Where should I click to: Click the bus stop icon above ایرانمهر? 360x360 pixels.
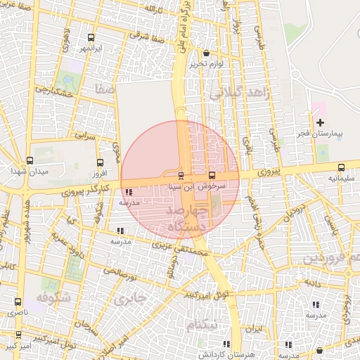click(x=91, y=38)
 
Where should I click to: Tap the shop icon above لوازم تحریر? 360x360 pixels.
click(x=206, y=53)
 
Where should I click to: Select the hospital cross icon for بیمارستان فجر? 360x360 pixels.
click(x=320, y=122)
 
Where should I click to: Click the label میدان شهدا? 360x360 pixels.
click(x=29, y=172)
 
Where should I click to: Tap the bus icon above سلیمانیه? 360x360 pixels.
click(x=341, y=167)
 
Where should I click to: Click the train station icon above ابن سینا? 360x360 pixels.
click(x=181, y=175)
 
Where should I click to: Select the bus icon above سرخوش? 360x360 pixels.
click(x=212, y=175)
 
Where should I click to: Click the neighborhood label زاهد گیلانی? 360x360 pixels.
click(x=240, y=93)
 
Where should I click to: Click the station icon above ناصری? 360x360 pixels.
click(x=18, y=301)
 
